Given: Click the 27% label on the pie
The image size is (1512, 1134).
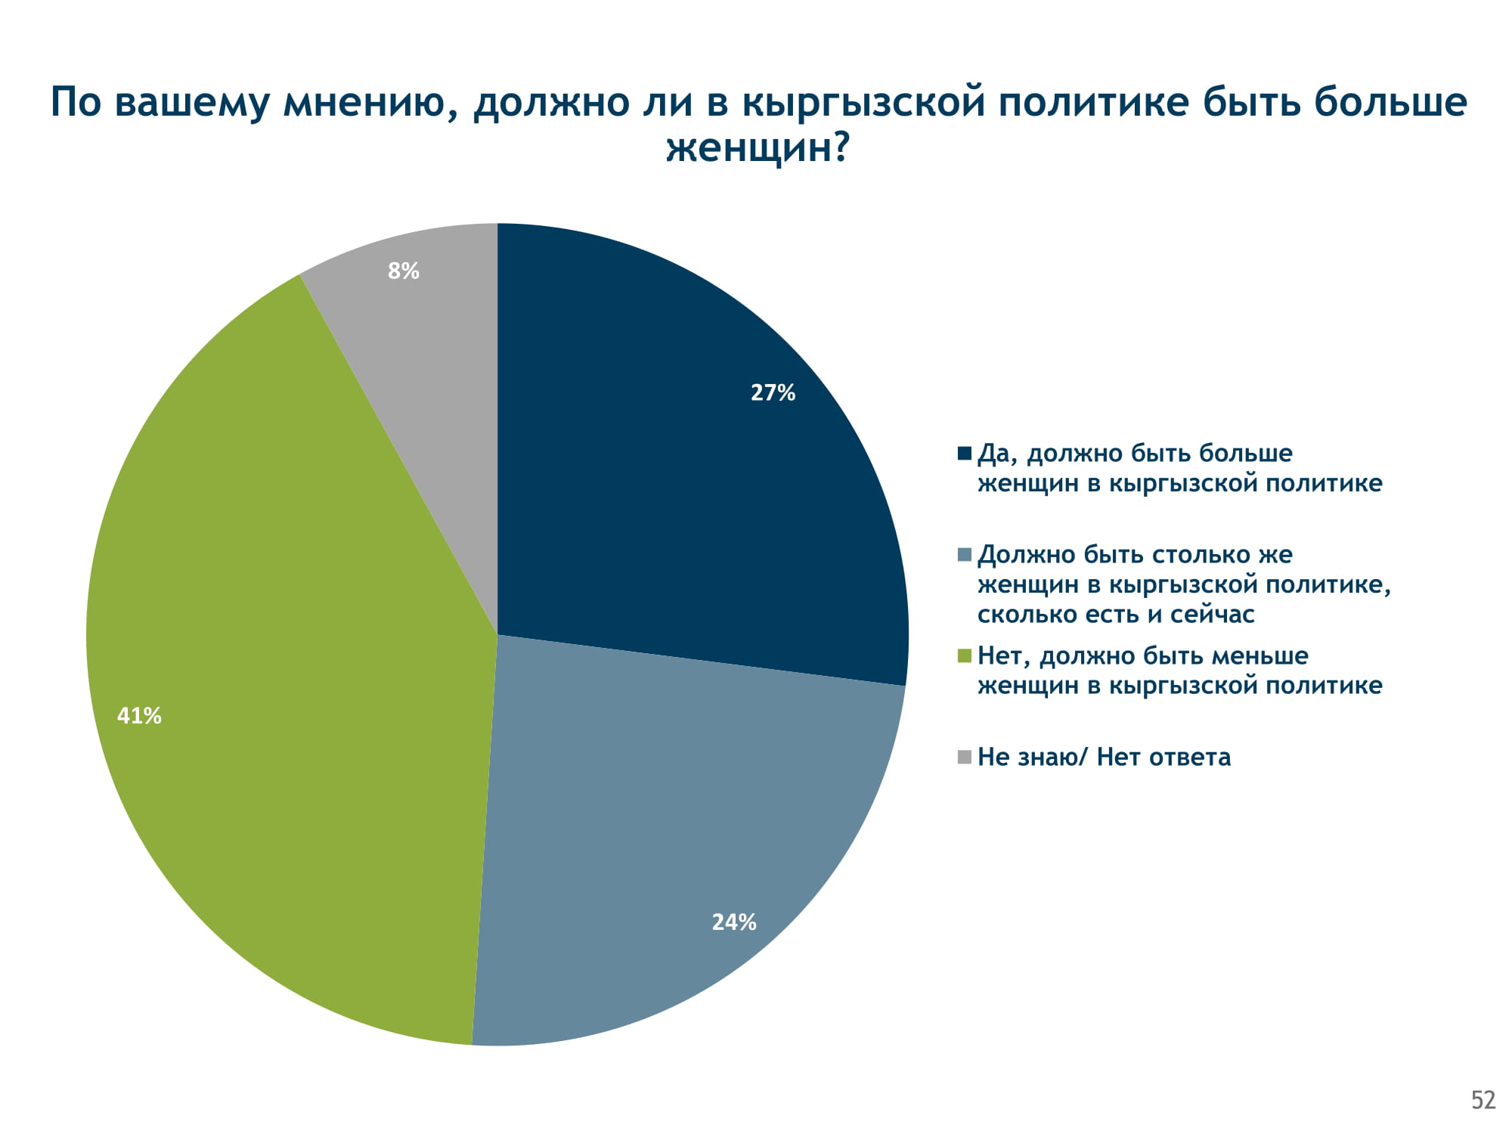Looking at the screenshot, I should point(773,392).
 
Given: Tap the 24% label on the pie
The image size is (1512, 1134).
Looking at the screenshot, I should point(733,922).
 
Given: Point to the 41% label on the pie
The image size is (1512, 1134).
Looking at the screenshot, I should point(139,715).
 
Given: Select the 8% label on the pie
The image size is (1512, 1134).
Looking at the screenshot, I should point(403,271).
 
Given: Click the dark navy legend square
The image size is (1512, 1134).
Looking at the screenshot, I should point(964,454).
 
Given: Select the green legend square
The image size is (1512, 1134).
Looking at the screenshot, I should point(964,656).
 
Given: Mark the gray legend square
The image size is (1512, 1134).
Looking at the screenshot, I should point(964,757).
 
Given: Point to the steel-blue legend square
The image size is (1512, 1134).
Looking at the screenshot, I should point(964,555).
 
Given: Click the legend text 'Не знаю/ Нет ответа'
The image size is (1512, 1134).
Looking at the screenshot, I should point(1104,757).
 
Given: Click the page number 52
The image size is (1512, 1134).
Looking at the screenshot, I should point(1483,1100).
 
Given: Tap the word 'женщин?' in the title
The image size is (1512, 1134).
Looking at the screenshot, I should point(757,147).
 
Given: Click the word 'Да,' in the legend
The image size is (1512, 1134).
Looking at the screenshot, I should point(998,454).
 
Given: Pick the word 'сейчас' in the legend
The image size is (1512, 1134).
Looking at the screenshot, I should point(1212,615).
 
